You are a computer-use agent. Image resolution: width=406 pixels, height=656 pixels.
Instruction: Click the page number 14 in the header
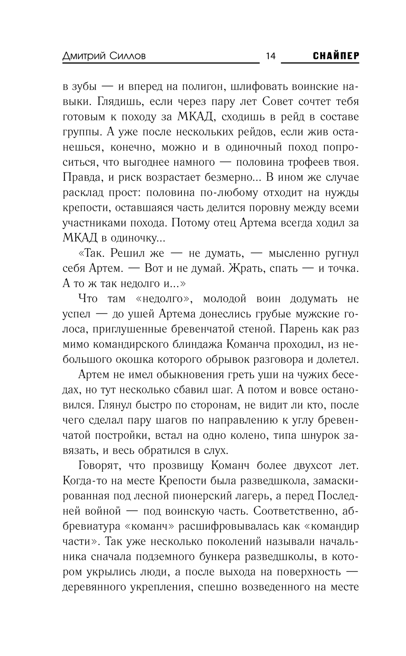pyautogui.click(x=270, y=56)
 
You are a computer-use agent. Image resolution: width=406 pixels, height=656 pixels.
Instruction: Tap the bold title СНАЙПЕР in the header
pyautogui.click(x=336, y=56)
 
